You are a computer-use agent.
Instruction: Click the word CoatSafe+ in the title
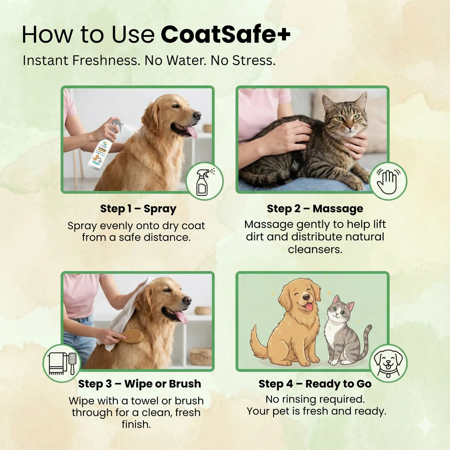(225, 35)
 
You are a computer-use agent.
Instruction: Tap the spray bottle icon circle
(204, 181)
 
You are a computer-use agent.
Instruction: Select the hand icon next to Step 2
(388, 181)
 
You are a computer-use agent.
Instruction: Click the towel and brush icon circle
(62, 363)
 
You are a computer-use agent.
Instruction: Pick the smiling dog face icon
(388, 363)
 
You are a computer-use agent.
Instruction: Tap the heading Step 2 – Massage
(315, 208)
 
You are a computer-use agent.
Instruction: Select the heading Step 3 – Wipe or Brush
(139, 384)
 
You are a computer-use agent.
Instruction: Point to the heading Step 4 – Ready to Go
(315, 384)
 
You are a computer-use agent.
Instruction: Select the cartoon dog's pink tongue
(308, 307)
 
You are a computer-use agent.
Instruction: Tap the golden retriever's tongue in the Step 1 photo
(191, 131)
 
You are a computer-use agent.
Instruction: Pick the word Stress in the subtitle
(256, 61)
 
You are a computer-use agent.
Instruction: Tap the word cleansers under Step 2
(315, 249)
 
